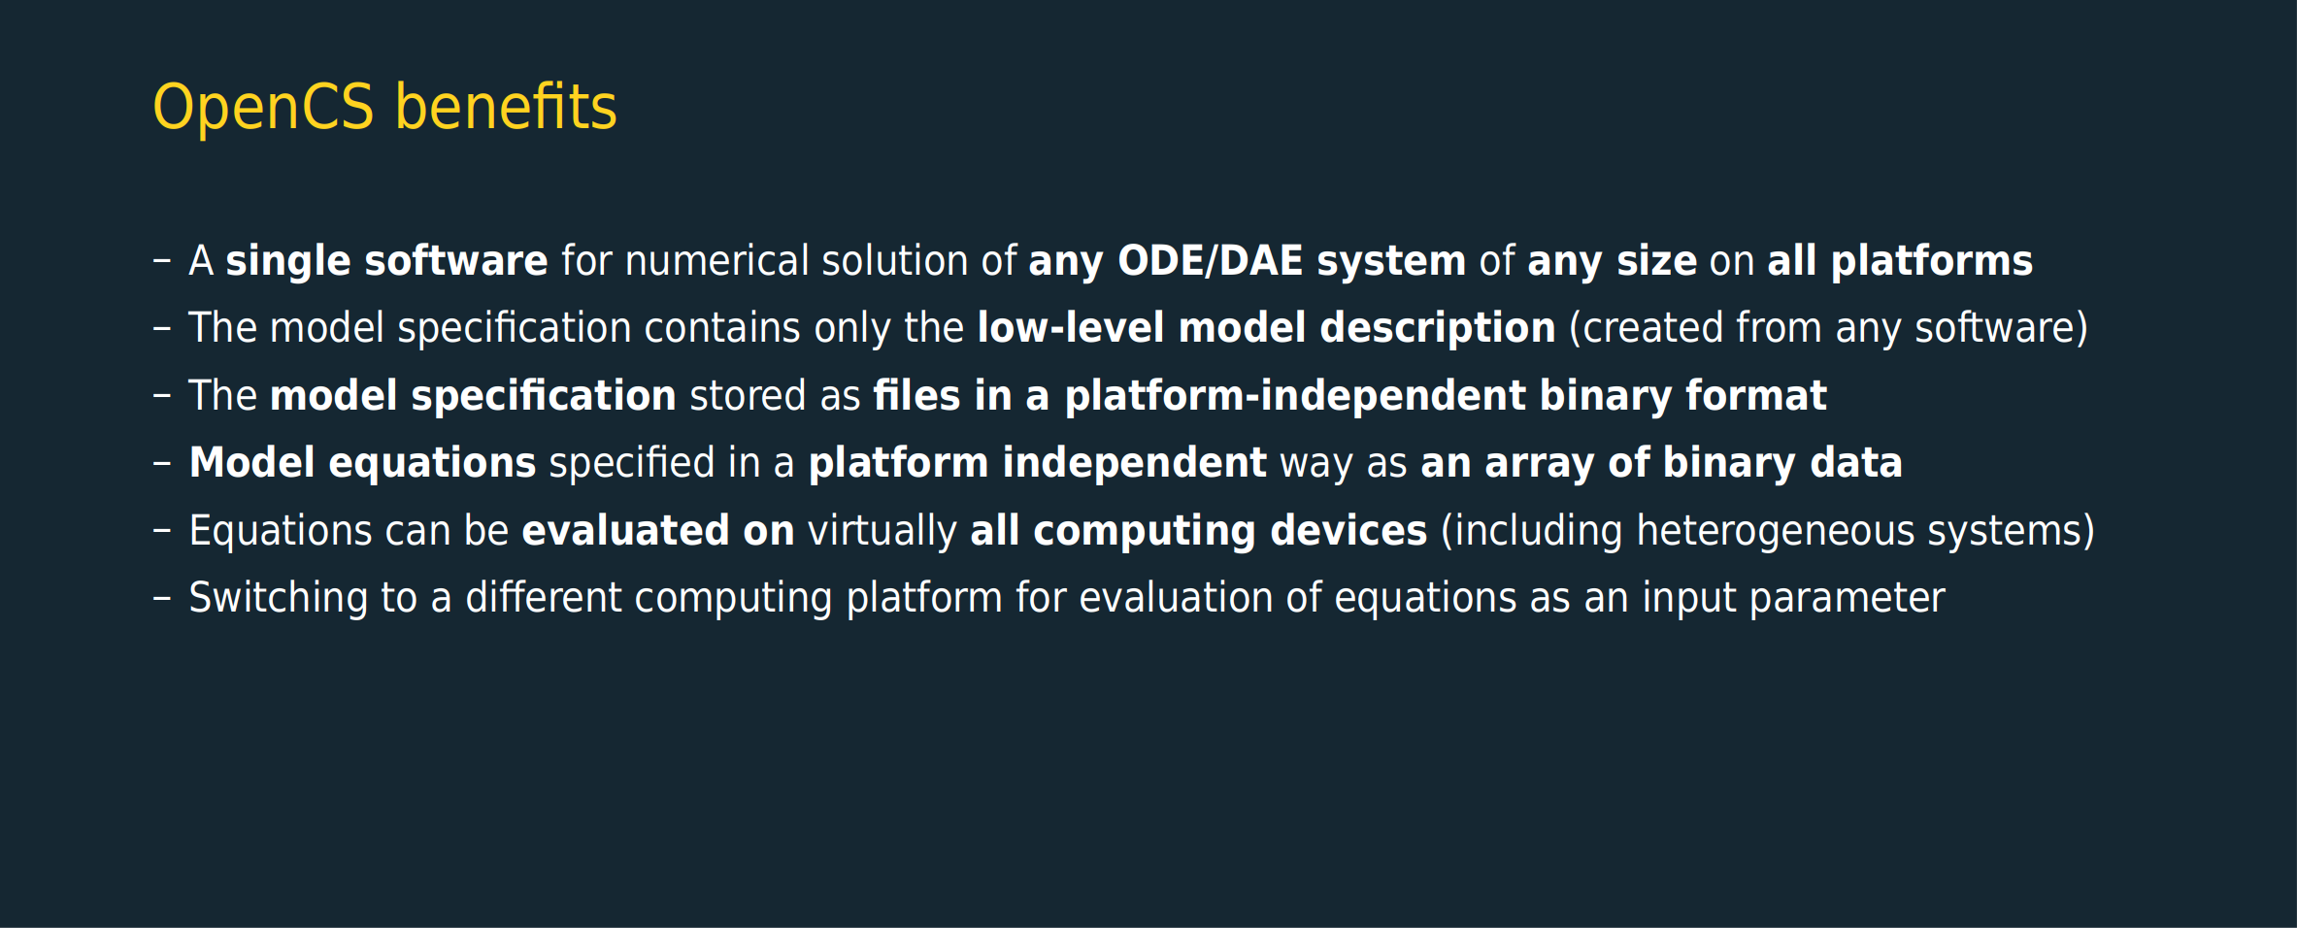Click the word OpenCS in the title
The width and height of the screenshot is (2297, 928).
(263, 108)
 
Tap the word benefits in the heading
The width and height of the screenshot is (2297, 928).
(506, 106)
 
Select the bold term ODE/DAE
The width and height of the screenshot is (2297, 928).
(1210, 260)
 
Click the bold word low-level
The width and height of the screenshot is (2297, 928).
(1071, 327)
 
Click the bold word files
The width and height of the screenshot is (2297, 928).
(916, 395)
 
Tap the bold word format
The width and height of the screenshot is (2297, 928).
(1756, 395)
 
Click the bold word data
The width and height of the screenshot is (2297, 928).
(1855, 462)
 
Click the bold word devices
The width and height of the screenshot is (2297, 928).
(1348, 530)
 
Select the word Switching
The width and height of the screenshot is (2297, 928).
(278, 599)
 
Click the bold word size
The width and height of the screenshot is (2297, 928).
(1656, 260)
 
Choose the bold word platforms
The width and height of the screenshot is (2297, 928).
(1932, 262)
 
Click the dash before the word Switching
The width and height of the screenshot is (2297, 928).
(162, 599)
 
